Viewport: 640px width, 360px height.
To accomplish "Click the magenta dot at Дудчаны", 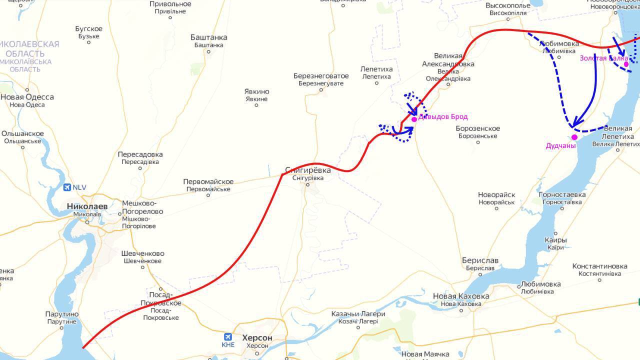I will pos(574,137).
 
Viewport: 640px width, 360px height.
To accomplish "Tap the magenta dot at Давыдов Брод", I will pos(414,119).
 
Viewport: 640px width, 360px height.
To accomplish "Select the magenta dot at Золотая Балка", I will pos(626,64).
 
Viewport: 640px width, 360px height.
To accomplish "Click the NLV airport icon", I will pos(67,187).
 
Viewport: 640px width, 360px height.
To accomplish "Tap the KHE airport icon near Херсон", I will pos(228,336).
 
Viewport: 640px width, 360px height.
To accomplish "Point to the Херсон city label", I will pos(257,338).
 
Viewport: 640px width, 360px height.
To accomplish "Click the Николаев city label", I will pos(87,206).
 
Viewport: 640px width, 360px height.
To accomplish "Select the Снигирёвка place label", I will pos(307,170).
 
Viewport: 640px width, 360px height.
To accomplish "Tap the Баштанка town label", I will pos(208,37).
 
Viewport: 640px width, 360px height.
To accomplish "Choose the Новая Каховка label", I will pos(461,296).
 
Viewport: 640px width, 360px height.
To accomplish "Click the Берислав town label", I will pos(480,261).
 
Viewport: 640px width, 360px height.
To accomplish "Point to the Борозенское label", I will pos(477,128).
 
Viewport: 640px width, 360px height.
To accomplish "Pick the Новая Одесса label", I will pos(27,97).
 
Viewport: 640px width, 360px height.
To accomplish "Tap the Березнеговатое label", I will pos(321,76).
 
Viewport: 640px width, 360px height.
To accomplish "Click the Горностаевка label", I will pos(562,194).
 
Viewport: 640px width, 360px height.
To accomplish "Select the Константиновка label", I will pos(599,266).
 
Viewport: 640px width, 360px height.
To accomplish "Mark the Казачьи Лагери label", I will pos(358,314).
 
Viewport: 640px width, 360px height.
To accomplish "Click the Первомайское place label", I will pos(208,181).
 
